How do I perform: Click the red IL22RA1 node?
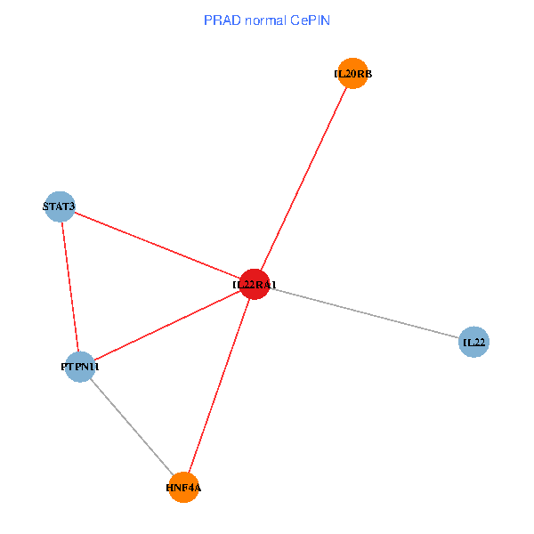(x=255, y=284)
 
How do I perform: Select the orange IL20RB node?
(x=352, y=74)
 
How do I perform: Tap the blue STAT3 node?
(x=60, y=207)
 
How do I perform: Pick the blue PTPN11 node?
(x=80, y=367)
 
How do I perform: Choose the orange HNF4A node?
(x=184, y=487)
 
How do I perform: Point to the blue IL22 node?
(x=473, y=342)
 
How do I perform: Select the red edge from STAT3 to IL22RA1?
(x=158, y=246)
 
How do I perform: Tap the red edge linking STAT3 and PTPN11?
(x=70, y=287)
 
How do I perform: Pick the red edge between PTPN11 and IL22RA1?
(x=167, y=326)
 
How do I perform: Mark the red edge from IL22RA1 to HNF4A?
(x=220, y=385)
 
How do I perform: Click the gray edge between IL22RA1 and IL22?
(x=365, y=313)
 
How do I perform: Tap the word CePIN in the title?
(x=310, y=20)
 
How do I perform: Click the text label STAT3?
(x=60, y=207)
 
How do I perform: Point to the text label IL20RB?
(x=352, y=74)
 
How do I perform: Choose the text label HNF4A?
(x=184, y=488)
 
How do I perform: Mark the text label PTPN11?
(x=80, y=367)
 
